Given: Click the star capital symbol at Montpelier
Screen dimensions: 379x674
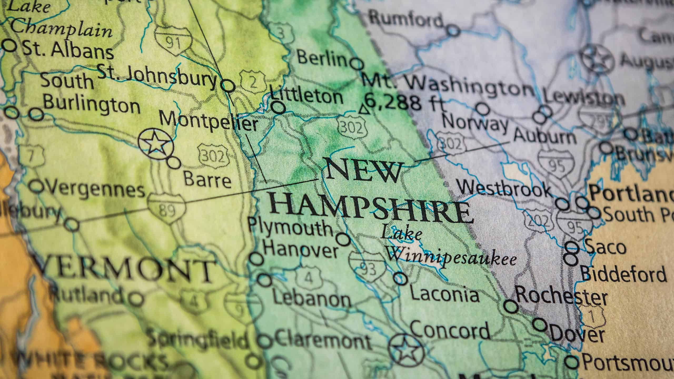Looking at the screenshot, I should coord(156,145).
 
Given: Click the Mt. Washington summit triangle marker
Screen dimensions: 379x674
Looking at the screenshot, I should coord(364,110).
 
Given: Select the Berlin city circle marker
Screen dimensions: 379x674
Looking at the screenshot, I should coord(357,64).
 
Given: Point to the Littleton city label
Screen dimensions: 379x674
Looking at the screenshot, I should coord(307,97).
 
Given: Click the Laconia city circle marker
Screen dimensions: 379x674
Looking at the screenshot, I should coord(400,278).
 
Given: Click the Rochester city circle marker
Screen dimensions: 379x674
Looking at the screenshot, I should coord(511,306).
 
